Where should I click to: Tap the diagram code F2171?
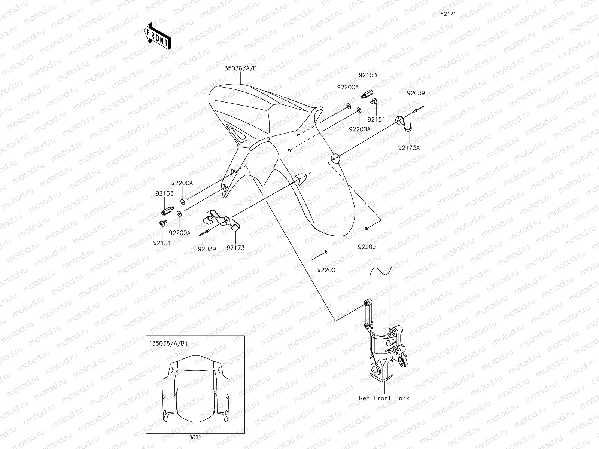(447, 14)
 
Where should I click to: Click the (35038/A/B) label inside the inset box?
(168, 343)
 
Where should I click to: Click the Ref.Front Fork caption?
(384, 398)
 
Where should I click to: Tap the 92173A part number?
(409, 147)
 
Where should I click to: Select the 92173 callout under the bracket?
(235, 248)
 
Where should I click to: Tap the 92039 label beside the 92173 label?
(207, 249)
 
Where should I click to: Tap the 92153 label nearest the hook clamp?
(368, 75)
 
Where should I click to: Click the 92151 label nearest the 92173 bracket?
(162, 243)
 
